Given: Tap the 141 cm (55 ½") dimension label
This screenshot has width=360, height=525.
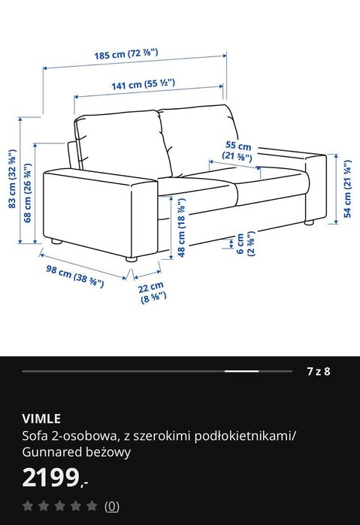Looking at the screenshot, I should pyautogui.click(x=143, y=85).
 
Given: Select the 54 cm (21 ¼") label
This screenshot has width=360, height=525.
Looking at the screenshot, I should pyautogui.click(x=347, y=188).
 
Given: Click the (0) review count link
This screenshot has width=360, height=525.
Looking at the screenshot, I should pyautogui.click(x=112, y=506).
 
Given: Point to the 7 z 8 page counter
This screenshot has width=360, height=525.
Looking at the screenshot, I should pyautogui.click(x=318, y=371).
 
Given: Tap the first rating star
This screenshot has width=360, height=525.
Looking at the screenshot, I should pyautogui.click(x=28, y=506).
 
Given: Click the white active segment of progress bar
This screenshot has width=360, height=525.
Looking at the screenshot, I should pyautogui.click(x=242, y=371).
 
